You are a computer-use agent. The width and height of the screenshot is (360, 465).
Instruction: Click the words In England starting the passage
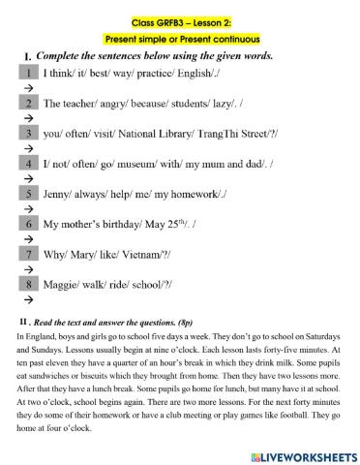tap(35, 334)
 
